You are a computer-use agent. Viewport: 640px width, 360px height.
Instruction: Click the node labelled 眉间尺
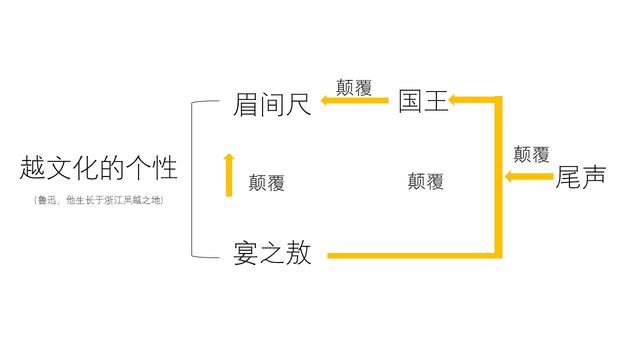[272, 104]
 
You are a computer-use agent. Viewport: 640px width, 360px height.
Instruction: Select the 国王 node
[424, 102]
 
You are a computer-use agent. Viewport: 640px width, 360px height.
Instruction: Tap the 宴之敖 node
[272, 254]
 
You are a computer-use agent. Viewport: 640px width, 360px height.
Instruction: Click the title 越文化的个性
[98, 168]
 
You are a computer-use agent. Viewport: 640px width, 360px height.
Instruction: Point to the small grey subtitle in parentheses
[98, 200]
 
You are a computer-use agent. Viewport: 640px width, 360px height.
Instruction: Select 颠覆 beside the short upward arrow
[267, 183]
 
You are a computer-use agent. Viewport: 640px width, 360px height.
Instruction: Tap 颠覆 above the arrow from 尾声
[531, 155]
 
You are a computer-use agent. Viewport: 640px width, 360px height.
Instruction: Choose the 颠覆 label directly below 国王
[426, 182]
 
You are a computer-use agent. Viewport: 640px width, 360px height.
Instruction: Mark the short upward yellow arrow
[229, 175]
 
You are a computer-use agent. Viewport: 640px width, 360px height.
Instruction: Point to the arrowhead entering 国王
[455, 100]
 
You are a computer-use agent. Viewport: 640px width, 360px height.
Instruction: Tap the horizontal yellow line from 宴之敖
[410, 256]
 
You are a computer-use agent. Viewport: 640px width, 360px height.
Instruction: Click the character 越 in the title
[31, 168]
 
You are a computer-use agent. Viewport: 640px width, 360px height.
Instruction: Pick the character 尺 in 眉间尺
[298, 104]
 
